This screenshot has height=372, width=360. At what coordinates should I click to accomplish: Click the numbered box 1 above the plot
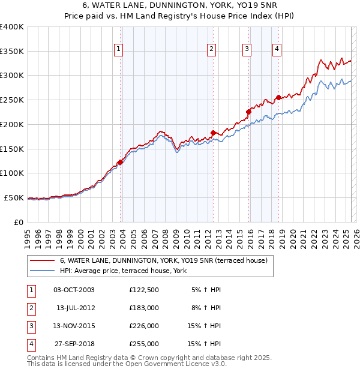click(x=118, y=50)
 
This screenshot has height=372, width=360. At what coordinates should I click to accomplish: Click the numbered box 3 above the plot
click(x=247, y=50)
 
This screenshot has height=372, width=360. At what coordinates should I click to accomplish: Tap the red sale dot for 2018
click(x=278, y=97)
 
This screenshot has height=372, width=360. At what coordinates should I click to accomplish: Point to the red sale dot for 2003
click(x=120, y=162)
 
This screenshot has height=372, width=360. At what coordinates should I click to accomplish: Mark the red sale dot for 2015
click(x=248, y=112)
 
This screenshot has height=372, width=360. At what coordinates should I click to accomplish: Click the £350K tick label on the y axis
click(x=11, y=52)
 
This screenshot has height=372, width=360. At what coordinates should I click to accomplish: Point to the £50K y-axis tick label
click(x=14, y=197)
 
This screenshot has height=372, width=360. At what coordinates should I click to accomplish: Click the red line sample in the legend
click(x=42, y=260)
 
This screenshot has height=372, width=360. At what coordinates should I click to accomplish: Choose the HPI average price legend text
click(x=123, y=271)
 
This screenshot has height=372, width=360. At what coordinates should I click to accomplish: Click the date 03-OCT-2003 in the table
click(x=74, y=290)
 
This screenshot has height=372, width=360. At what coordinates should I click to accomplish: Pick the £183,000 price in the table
click(x=144, y=308)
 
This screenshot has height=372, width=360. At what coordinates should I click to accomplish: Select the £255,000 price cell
click(x=144, y=344)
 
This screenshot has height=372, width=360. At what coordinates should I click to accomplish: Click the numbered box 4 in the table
click(x=30, y=344)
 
